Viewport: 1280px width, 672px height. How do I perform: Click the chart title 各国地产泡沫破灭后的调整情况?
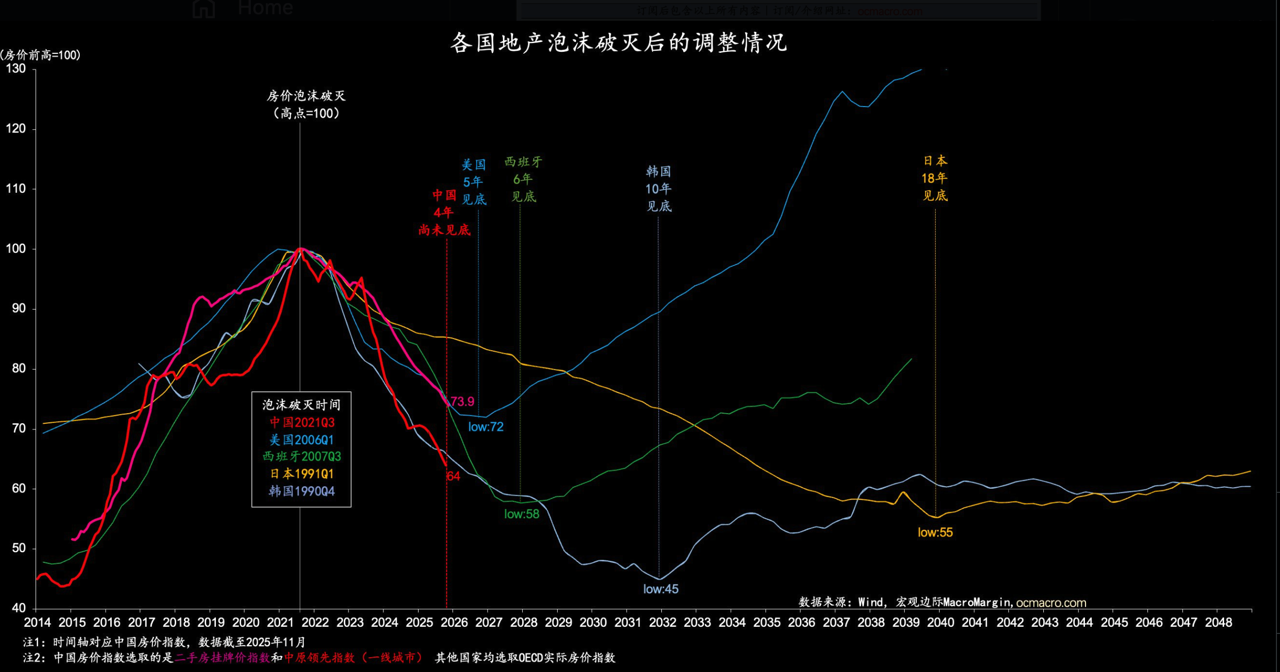tap(618, 43)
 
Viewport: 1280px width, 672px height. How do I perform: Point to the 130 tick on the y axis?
tap(16, 69)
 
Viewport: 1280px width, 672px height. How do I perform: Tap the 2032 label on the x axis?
tap(662, 623)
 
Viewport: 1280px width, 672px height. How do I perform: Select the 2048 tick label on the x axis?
tap(1218, 623)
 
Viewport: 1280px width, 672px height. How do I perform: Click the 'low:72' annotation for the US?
tap(486, 427)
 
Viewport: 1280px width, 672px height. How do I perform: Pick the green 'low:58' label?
tap(522, 514)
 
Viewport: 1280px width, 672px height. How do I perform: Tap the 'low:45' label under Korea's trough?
tap(660, 589)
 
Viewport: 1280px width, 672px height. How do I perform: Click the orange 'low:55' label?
tap(935, 532)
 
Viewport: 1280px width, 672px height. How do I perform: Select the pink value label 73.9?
tap(462, 401)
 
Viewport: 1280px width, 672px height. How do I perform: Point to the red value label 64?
tap(453, 476)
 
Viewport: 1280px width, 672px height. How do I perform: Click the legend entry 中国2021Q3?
tap(302, 422)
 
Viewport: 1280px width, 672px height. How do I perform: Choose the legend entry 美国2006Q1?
tap(302, 440)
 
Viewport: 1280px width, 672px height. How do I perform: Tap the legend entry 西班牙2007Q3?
tap(302, 456)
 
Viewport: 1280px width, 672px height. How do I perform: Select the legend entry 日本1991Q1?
tap(302, 474)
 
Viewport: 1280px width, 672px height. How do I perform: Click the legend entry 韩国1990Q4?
tap(302, 491)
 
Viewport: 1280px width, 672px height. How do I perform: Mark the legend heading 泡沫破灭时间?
tap(302, 405)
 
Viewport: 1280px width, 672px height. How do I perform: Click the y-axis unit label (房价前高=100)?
tap(40, 55)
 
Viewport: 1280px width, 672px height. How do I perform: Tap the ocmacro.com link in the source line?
tap(1051, 603)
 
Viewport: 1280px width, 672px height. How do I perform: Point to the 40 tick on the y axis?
tap(18, 608)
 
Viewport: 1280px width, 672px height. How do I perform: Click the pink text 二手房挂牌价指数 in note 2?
tap(222, 658)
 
